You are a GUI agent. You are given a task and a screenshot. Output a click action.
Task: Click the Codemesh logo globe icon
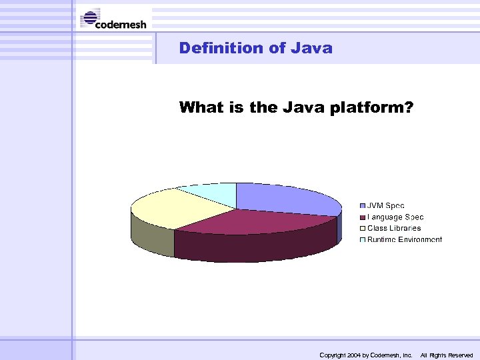point(90,18)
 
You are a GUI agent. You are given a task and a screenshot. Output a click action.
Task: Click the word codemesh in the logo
point(121,25)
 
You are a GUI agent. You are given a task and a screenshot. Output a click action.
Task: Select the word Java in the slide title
point(311,48)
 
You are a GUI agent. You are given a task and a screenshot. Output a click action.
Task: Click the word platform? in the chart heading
point(371,107)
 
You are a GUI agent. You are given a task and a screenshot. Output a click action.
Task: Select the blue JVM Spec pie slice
point(283,197)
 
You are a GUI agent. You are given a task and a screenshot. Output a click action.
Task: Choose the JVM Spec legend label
point(386,206)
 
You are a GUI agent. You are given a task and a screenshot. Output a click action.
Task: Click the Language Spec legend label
point(395,217)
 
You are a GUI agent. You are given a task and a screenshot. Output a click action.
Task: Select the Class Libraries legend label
point(394,228)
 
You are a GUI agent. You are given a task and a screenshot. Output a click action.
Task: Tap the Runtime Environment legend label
point(405,239)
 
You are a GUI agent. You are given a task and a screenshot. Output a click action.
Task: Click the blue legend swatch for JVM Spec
point(363,206)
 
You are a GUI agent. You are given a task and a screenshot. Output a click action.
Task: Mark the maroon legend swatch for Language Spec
point(363,217)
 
